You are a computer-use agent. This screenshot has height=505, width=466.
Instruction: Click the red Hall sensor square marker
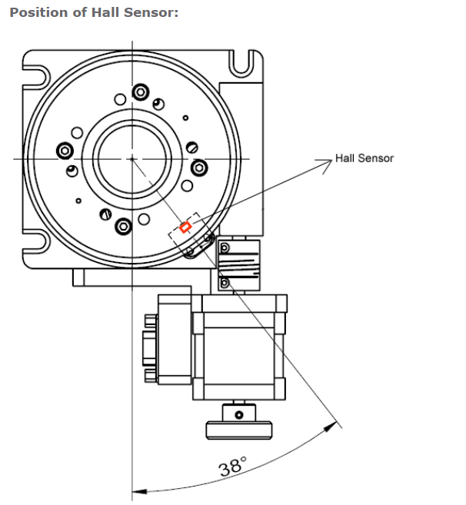[185, 227]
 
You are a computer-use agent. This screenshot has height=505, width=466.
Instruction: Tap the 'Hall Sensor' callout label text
[364, 158]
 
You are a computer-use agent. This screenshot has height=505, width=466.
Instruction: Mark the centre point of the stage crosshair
[131, 159]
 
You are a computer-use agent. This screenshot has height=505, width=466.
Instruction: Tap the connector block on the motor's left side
[173, 341]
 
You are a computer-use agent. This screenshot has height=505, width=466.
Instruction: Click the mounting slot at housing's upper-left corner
[34, 75]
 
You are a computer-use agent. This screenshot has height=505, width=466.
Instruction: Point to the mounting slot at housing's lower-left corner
[34, 241]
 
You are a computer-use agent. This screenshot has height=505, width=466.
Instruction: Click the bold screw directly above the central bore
[140, 92]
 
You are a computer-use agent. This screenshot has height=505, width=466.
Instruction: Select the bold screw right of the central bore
[198, 167]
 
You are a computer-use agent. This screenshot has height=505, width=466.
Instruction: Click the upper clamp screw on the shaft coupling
[225, 248]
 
